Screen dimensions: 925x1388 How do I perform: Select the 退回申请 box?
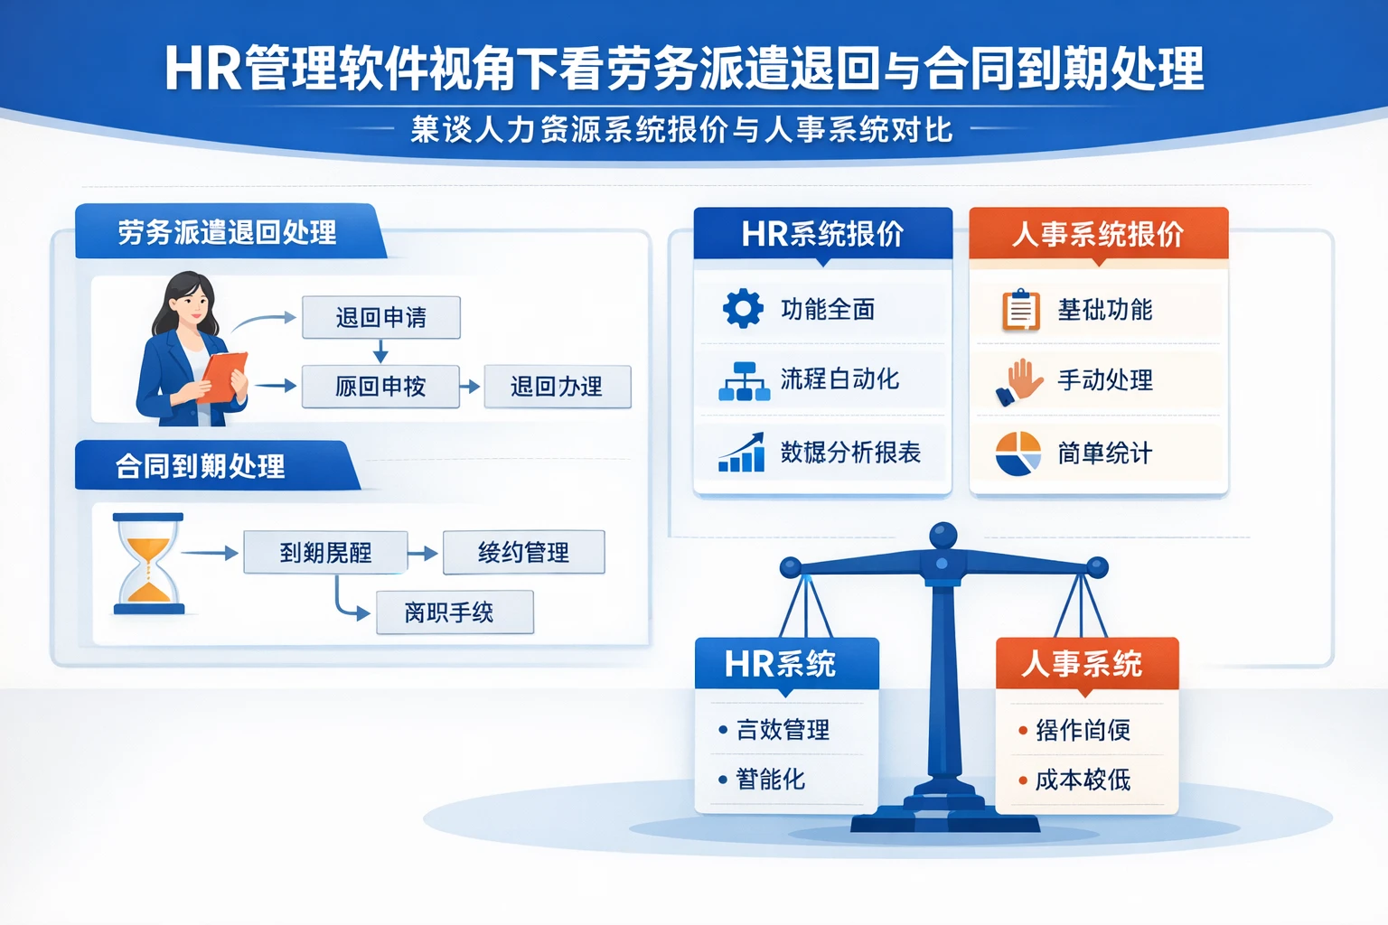pos(380,317)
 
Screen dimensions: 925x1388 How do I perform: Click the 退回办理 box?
pos(557,387)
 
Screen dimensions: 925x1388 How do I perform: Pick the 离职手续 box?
pos(455,612)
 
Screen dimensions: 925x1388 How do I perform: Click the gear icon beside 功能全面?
pos(743,309)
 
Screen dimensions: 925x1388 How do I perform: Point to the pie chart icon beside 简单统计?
pos(1018,453)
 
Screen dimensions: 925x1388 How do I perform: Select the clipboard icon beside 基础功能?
pos(1020,310)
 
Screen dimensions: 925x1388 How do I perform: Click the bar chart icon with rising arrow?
pos(742,453)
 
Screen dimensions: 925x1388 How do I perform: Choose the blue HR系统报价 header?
pos(822,234)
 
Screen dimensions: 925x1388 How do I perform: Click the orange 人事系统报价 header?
pos(1098,234)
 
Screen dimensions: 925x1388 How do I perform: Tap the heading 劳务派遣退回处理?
pos(227,232)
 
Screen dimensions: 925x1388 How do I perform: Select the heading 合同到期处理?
pos(201,466)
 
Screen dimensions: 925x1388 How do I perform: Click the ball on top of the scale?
pos(943,534)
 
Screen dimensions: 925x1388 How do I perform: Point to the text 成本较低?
pos(1083,780)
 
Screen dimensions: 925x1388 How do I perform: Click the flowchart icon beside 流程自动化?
pos(744,381)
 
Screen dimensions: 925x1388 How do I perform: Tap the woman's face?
pos(192,304)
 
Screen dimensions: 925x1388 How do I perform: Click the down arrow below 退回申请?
pos(380,351)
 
